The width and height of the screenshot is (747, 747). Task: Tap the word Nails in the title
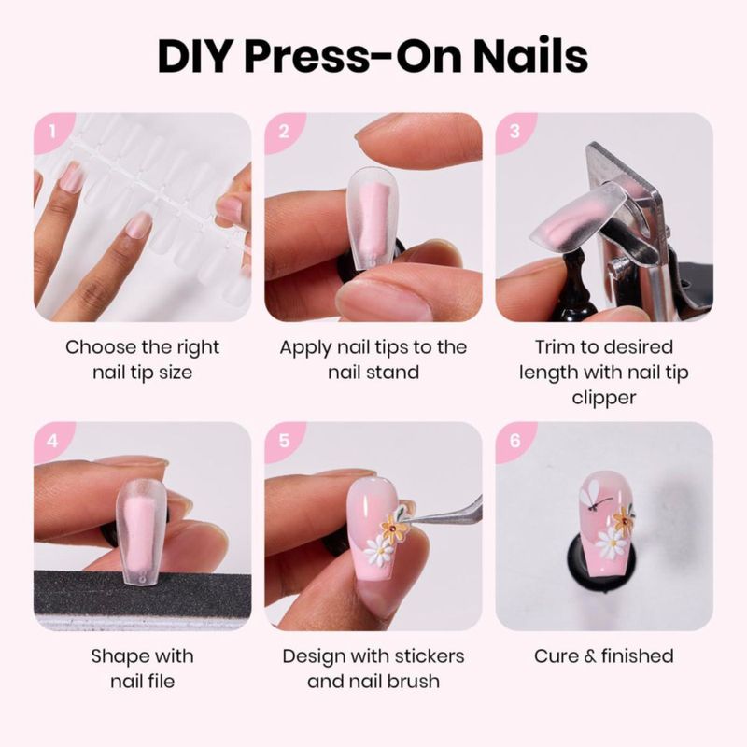[x=530, y=56]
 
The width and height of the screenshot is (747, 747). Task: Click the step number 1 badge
[x=53, y=132]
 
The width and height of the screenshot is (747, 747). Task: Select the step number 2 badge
[x=284, y=132]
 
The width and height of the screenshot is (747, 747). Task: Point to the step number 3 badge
[x=514, y=132]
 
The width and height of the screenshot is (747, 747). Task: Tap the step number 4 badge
[x=53, y=440]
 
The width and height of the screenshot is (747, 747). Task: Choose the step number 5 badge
[x=284, y=440]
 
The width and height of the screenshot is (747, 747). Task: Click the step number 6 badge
[x=514, y=440]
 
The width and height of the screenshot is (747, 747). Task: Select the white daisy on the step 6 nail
[x=612, y=543]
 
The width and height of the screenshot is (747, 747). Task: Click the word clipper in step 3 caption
[x=603, y=398]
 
